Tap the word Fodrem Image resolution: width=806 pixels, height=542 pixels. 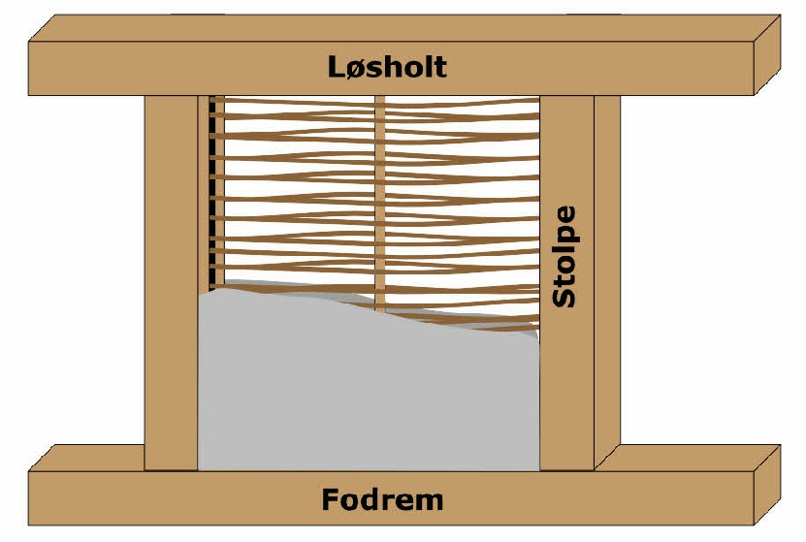pyautogui.click(x=382, y=500)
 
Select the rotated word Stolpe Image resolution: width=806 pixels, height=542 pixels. pyautogui.click(x=564, y=257)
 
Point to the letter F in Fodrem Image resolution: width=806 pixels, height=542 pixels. pyautogui.click(x=332, y=500)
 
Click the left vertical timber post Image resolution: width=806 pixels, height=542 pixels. pyautogui.click(x=171, y=281)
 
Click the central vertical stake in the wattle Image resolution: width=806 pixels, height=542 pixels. pyautogui.click(x=380, y=194)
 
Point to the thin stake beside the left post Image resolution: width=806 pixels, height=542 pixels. pyautogui.click(x=217, y=194)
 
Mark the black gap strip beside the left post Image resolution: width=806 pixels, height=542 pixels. pyautogui.click(x=208, y=194)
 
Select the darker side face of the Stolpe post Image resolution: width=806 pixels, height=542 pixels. pyautogui.click(x=607, y=281)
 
